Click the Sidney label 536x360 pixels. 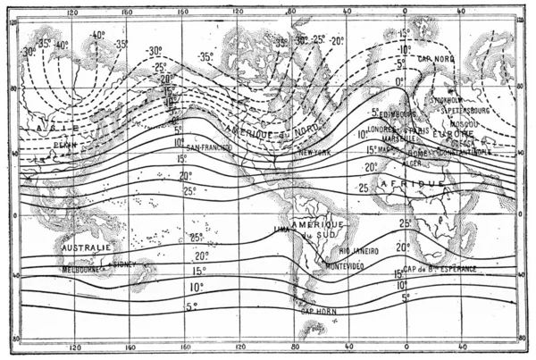[x=123, y=264]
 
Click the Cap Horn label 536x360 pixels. [x=319, y=311]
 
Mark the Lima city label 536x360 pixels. [x=282, y=230]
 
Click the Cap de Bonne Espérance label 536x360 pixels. [x=448, y=269]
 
